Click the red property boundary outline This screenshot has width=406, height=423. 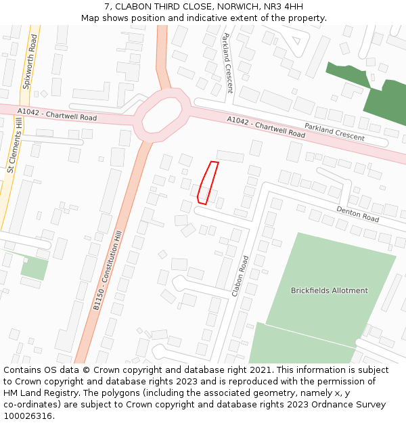208,183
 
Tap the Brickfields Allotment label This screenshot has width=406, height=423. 330,290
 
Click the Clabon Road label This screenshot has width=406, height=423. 240,276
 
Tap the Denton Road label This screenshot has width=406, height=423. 357,215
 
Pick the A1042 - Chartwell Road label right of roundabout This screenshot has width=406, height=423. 266,127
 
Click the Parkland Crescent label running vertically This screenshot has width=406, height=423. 228,63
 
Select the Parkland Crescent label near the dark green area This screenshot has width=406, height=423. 334,133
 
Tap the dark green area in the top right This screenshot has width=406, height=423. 386,102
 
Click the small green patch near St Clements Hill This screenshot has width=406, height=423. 34,268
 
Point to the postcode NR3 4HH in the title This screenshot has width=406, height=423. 286,7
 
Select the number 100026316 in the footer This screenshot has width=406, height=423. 28,416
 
